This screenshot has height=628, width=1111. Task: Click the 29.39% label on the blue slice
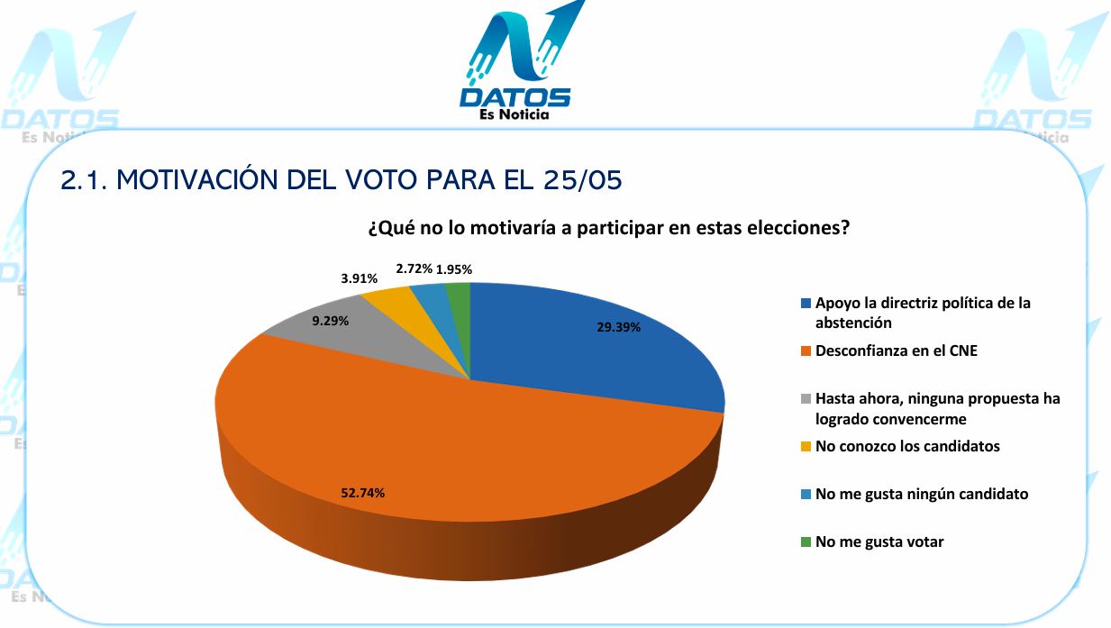point(618,327)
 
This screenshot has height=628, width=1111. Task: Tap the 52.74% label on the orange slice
point(362,493)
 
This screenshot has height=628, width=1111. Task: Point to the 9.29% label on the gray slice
point(331,321)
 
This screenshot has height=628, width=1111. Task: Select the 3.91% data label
point(360,278)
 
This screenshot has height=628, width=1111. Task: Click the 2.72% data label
point(414,268)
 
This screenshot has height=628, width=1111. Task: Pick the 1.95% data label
point(454,269)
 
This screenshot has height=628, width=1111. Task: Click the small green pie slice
point(460,317)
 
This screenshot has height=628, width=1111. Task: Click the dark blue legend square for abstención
point(806,303)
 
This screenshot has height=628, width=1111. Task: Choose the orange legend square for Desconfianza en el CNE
point(806,351)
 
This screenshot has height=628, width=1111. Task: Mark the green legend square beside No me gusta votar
point(806,542)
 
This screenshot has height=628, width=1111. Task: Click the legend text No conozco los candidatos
point(907,446)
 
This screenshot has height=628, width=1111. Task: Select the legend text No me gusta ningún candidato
point(922,494)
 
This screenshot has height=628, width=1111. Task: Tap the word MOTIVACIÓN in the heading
point(198,179)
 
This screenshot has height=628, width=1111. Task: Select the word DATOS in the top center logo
point(515,97)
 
